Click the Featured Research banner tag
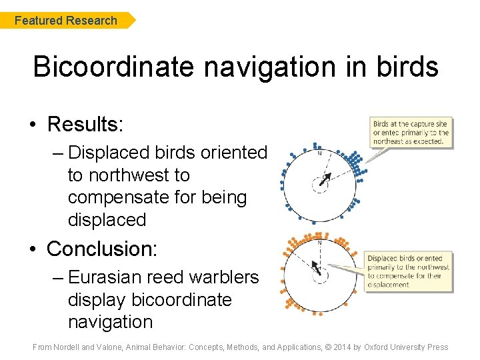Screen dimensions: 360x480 [x=67, y=21]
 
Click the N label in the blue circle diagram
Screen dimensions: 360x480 [x=319, y=153]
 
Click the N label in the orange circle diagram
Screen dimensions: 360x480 [x=319, y=243]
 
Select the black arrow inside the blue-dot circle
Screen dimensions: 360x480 [x=325, y=179]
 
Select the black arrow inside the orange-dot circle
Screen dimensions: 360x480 [x=318, y=270]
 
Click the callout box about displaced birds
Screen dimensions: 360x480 [x=409, y=271]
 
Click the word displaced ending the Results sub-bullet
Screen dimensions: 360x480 [x=107, y=219]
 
